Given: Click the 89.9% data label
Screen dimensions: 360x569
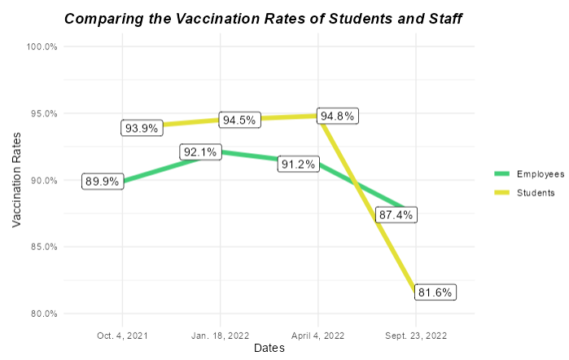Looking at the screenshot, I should (103, 182).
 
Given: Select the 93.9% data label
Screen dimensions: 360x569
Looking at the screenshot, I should (142, 128).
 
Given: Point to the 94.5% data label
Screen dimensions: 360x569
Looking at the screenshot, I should (239, 120).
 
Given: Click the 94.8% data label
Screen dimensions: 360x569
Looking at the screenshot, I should (337, 116).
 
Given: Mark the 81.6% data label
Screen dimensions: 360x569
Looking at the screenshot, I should (435, 292).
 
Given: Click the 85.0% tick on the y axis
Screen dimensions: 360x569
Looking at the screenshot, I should (43, 247).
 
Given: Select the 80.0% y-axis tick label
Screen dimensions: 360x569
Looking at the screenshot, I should (43, 314).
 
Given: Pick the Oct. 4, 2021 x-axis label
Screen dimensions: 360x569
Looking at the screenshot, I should (122, 334).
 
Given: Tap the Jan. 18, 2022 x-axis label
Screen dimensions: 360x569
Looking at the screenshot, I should (220, 334).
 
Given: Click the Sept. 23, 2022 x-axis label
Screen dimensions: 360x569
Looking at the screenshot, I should (415, 334).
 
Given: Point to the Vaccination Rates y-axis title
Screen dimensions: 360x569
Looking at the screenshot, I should (17, 180).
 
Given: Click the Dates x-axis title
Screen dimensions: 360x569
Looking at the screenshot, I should (269, 348).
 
